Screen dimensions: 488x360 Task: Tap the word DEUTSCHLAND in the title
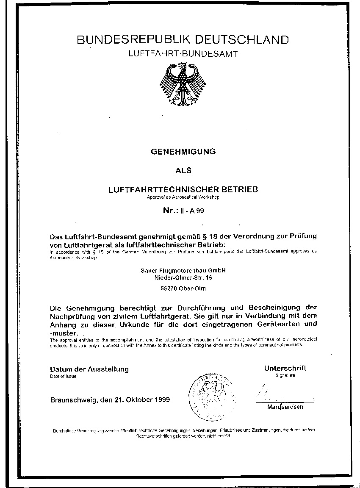tap(239, 40)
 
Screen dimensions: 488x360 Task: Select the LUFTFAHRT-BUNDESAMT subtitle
tap(183, 54)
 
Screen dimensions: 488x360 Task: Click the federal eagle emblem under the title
tap(183, 84)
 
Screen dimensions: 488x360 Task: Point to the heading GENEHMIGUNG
tap(183, 151)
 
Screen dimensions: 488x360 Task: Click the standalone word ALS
tap(183, 171)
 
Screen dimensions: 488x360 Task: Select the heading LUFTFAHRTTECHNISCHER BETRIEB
tap(183, 189)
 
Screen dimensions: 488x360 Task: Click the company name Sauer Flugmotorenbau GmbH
tap(183, 270)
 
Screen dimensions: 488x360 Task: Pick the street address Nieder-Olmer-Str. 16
tap(183, 278)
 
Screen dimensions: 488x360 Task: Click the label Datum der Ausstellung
tap(89, 369)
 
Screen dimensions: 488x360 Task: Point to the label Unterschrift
tap(285, 368)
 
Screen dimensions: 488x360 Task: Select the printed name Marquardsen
tap(285, 407)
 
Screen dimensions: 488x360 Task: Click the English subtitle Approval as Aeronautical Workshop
tap(183, 197)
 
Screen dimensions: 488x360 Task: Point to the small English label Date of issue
tap(63, 376)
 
